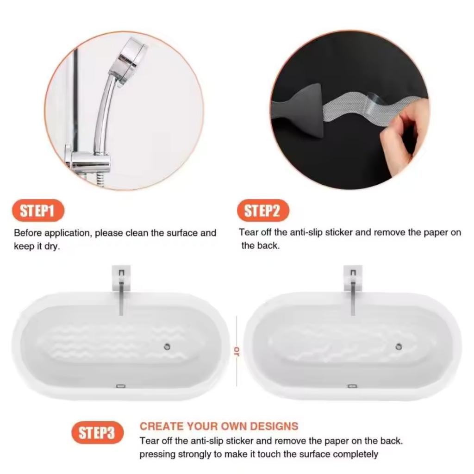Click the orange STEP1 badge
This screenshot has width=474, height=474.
(37, 212)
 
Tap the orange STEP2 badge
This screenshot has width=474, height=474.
(262, 211)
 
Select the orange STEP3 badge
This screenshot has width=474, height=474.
(97, 433)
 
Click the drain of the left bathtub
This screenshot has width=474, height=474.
(167, 347)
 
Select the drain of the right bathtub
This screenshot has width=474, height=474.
(399, 347)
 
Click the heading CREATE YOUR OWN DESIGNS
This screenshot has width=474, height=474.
(219, 426)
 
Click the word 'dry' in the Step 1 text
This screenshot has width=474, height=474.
(52, 247)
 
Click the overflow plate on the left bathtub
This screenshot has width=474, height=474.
(121, 385)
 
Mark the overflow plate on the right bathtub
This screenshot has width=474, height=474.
(352, 385)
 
